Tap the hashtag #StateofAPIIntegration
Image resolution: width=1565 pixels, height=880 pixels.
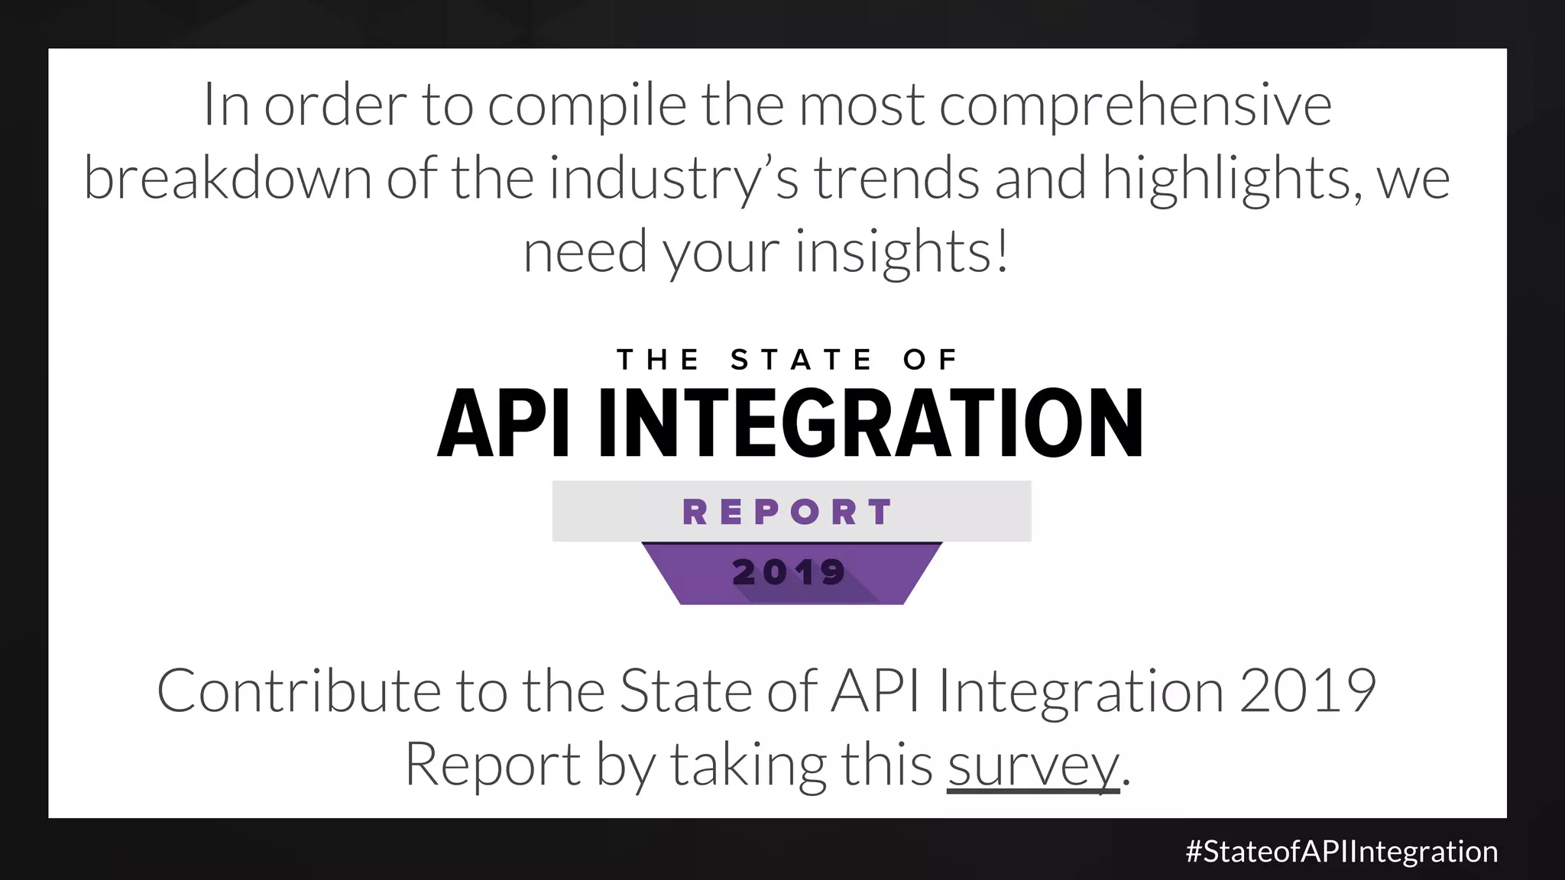point(1341,852)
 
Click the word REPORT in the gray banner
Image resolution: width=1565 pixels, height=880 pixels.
point(788,512)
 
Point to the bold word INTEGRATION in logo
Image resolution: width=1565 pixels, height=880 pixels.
point(870,423)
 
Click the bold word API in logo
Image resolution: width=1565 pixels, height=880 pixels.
point(504,423)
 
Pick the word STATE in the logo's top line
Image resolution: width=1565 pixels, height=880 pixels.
point(801,360)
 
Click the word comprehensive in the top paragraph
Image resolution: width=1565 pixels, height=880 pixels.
point(1135,105)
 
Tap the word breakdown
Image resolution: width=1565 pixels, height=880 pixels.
point(227,179)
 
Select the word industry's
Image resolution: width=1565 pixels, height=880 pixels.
point(673,179)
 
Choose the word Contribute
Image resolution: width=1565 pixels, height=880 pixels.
point(299,691)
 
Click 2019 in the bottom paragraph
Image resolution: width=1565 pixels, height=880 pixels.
point(1307,691)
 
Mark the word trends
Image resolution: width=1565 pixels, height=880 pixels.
point(896,179)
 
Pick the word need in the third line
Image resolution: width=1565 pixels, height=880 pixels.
point(585,252)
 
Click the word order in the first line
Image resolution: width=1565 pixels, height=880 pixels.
point(335,105)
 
